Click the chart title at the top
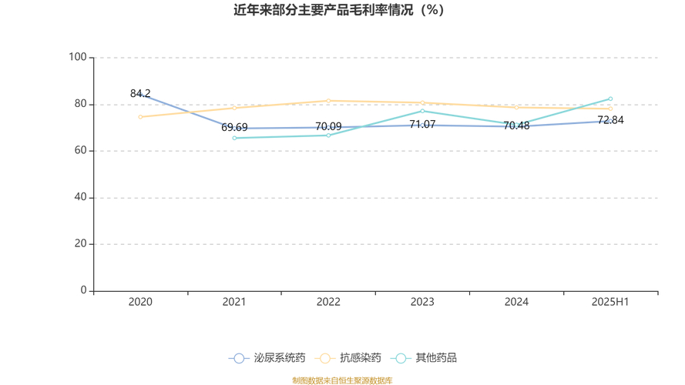(x=340, y=10)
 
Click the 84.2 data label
(x=140, y=93)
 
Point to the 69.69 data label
(x=234, y=127)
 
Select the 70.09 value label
(x=328, y=126)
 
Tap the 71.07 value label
(x=422, y=124)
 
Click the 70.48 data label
(x=516, y=126)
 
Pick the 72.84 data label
(x=610, y=120)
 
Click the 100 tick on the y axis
(x=78, y=57)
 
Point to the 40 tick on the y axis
(x=81, y=197)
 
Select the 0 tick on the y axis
(x=84, y=290)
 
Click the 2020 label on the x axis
(x=140, y=302)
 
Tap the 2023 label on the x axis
(x=422, y=302)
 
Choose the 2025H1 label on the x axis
(x=610, y=302)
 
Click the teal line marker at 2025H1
(x=610, y=99)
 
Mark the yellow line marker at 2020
(x=140, y=117)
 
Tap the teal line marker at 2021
(x=234, y=138)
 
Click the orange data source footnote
(x=341, y=380)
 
